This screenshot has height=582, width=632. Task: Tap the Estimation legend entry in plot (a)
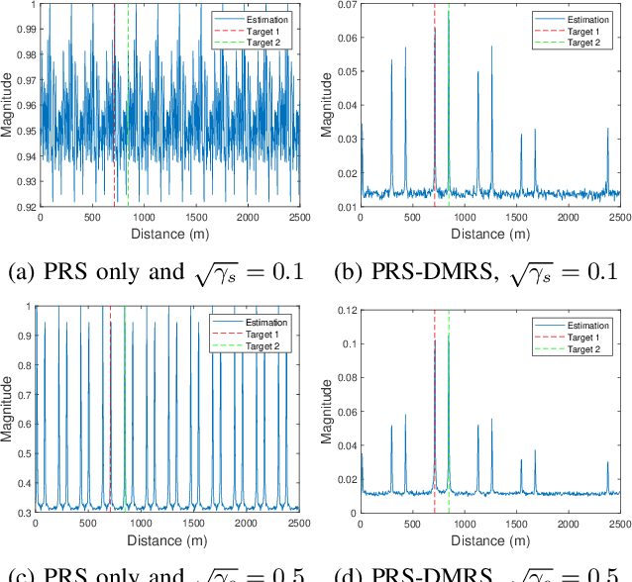click(x=260, y=19)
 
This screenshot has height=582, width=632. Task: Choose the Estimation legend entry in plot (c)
click(x=261, y=323)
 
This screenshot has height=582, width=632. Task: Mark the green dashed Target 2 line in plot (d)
click(x=449, y=416)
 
